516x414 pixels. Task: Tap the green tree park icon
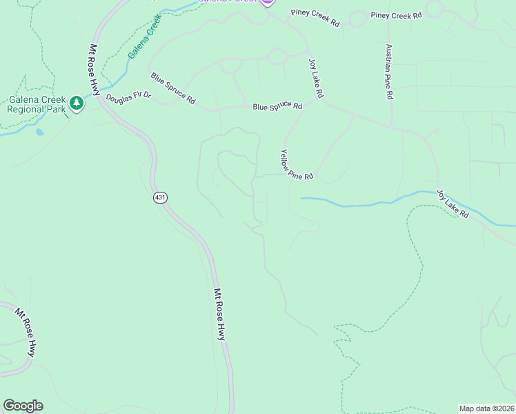click(77, 104)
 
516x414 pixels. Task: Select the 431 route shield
click(160, 198)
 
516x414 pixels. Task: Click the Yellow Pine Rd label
click(297, 166)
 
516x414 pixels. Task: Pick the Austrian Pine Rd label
click(389, 72)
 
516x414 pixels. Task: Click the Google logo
click(23, 406)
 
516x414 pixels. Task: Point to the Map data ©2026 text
click(486, 408)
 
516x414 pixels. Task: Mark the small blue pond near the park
click(39, 131)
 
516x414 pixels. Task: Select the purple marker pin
click(268, 1)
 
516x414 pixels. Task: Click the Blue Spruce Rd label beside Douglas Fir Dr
click(173, 88)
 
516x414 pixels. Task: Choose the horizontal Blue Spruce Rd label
click(277, 106)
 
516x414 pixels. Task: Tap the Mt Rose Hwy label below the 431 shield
click(219, 314)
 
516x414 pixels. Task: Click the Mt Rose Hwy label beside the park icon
click(95, 70)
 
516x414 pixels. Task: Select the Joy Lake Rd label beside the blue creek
click(453, 204)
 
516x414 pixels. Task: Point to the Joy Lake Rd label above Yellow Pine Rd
click(316, 77)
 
